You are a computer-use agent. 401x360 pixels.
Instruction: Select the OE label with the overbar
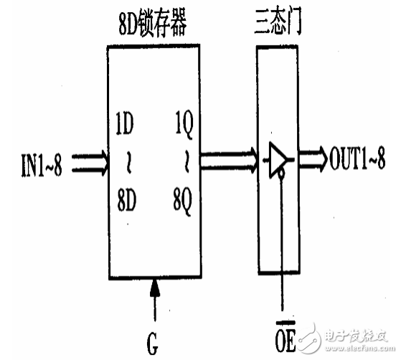(286, 336)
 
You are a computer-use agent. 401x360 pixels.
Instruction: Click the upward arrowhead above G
(155, 289)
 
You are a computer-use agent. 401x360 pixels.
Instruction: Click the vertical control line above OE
(285, 244)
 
